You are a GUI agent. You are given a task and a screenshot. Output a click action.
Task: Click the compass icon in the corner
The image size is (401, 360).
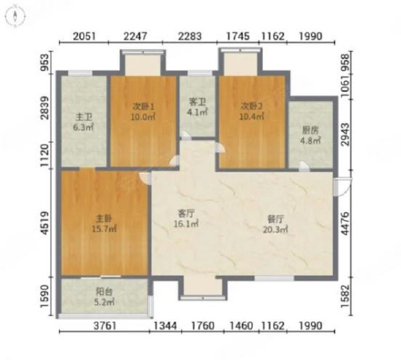pos(15,16)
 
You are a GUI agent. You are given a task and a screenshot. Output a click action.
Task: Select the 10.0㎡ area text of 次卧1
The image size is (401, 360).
pos(143,117)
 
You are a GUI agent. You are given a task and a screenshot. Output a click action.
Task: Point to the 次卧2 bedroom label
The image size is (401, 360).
pos(251,106)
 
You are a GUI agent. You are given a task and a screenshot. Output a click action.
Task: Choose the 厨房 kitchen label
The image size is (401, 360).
pos(310,131)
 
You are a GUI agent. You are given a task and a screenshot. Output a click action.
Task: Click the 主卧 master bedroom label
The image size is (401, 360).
pos(104,218)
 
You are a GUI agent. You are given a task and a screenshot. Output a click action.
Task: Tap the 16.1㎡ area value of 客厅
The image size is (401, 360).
pos(186,224)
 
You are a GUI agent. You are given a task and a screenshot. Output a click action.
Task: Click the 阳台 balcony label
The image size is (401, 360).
pos(104,291)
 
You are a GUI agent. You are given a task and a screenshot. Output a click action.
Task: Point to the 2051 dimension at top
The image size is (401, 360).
pos(84,36)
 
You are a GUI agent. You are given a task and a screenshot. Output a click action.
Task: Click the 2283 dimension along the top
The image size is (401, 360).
pos(190,36)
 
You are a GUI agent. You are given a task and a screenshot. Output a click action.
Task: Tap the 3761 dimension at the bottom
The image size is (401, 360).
pos(105,326)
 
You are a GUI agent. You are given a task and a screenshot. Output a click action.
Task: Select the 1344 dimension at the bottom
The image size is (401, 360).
pos(165,326)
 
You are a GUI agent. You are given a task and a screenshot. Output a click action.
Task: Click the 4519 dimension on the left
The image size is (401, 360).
pos(45,222)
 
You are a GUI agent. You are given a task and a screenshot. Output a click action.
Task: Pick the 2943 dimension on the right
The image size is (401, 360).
pos(345,135)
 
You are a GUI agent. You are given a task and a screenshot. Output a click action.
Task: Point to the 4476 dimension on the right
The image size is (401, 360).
pos(345,223)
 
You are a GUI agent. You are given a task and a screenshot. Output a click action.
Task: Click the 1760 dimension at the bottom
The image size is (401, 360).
pos(203,326)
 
